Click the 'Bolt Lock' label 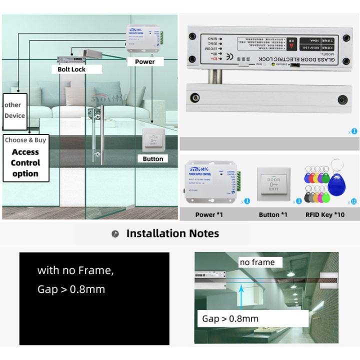click(71, 69)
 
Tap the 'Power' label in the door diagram click(144, 61)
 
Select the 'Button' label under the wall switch click(153, 158)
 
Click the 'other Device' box click(14, 110)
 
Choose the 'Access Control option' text click(25, 162)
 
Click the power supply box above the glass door click(143, 39)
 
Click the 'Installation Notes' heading click(172, 233)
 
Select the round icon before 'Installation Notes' click(115, 234)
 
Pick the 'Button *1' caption click(273, 214)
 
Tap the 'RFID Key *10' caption click(325, 214)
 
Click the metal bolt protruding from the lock click(217, 75)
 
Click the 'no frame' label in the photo click(257, 262)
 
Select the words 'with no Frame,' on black click(75, 271)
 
